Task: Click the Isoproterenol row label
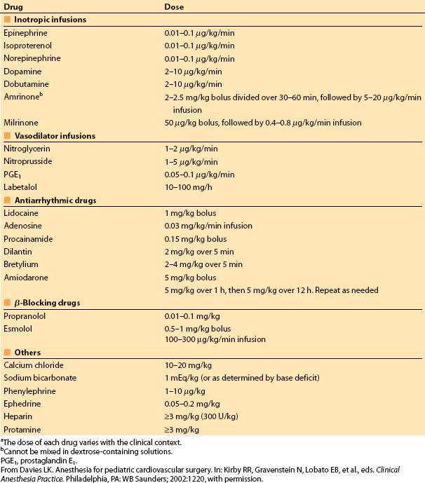tap(28, 46)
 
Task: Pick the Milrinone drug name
tap(22, 123)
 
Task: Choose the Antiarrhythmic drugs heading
tap(55, 200)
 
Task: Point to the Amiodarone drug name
tap(25, 277)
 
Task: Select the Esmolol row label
tap(20, 328)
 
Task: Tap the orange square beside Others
tap(7, 353)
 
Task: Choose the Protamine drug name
tap(23, 429)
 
